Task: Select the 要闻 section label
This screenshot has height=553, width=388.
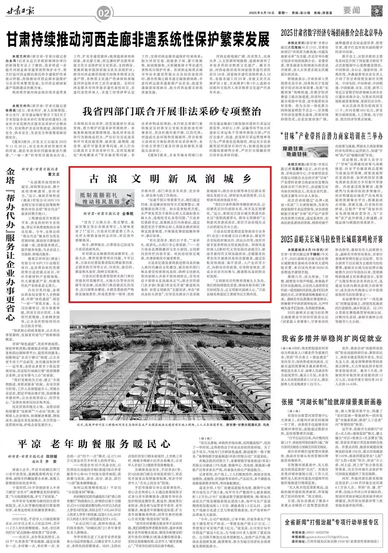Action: click(x=351, y=10)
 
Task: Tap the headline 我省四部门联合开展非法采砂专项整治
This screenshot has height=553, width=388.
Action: click(x=172, y=110)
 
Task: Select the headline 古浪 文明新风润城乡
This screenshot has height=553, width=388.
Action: click(x=170, y=178)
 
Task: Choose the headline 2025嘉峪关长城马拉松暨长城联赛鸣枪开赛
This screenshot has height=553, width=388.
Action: click(x=332, y=239)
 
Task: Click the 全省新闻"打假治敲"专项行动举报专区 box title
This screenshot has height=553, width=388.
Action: click(x=332, y=522)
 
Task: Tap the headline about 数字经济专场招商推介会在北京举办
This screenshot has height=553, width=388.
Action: click(x=332, y=32)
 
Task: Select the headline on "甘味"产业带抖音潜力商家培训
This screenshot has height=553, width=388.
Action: click(x=332, y=136)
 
